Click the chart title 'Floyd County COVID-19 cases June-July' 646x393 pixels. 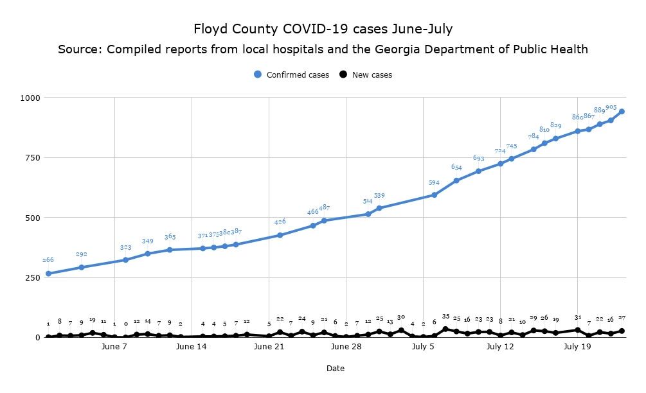[323, 29]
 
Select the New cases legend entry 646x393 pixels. [366, 74]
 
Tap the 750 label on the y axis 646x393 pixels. [31, 157]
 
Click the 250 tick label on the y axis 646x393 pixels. [31, 277]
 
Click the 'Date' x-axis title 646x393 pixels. [335, 369]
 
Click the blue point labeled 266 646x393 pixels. [48, 274]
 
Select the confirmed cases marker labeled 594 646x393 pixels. [434, 195]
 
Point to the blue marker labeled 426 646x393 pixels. [280, 235]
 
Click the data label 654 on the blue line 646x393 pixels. [456, 168]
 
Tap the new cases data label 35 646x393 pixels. [445, 317]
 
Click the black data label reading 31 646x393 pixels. [577, 317]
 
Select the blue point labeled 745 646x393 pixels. [511, 159]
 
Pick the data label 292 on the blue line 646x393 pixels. [81, 254]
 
